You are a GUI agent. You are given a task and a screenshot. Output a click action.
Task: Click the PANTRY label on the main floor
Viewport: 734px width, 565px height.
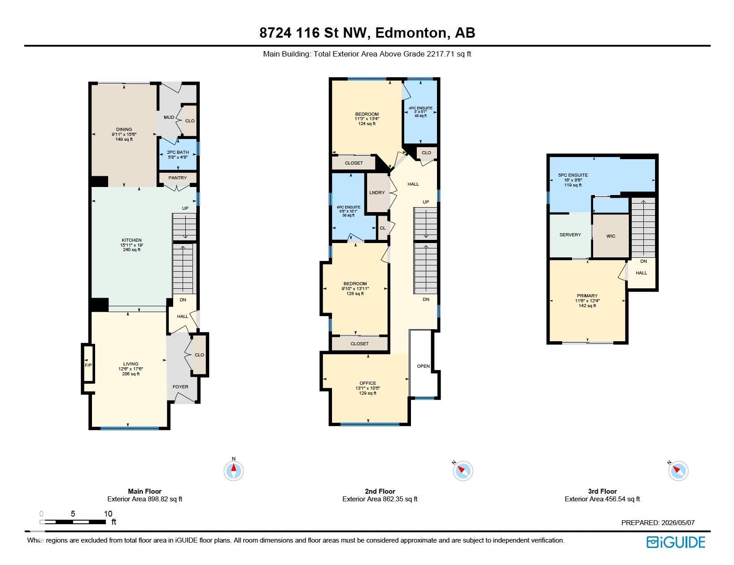[x=177, y=178]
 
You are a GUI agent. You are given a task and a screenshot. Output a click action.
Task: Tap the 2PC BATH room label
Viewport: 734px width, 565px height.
[x=178, y=152]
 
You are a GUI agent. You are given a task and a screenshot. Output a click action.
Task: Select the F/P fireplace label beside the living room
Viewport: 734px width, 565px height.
[x=88, y=365]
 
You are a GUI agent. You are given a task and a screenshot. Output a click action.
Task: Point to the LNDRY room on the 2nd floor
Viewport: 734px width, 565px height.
[x=377, y=193]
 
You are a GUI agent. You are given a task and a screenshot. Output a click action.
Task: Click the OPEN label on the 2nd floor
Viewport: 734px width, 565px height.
[x=423, y=366]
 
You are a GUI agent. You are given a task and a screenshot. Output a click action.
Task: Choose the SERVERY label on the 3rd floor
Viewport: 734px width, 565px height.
[x=570, y=235]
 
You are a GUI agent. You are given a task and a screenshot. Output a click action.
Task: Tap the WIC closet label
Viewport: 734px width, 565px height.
[x=611, y=236]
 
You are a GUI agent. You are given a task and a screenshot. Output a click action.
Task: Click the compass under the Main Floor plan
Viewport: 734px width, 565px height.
[x=233, y=470]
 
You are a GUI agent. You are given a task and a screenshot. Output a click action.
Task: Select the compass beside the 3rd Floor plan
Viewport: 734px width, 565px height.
[x=678, y=470]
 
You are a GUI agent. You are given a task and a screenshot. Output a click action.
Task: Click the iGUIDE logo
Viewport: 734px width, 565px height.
[x=676, y=542]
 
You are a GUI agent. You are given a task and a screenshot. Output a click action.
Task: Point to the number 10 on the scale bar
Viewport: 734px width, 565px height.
[x=108, y=514]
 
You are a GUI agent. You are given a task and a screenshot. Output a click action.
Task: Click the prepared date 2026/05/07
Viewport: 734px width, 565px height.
[x=678, y=522]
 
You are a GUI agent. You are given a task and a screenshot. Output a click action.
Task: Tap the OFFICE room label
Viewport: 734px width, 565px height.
[x=368, y=383]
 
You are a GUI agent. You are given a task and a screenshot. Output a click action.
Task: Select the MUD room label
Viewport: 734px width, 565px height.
[x=169, y=117]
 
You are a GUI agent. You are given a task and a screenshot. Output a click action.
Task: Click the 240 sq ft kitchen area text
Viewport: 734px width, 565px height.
[x=132, y=250]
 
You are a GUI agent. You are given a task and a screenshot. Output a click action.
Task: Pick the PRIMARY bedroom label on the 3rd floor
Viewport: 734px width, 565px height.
[x=587, y=296]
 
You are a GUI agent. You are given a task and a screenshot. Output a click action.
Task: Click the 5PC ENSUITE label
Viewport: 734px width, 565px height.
[x=573, y=175]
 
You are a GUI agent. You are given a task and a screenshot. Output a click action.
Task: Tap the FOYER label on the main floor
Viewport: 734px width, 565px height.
[x=180, y=387]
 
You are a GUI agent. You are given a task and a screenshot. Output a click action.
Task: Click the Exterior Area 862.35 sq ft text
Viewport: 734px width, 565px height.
[x=380, y=499]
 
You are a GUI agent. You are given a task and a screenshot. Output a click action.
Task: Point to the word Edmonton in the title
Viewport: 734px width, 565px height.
[x=412, y=33]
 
